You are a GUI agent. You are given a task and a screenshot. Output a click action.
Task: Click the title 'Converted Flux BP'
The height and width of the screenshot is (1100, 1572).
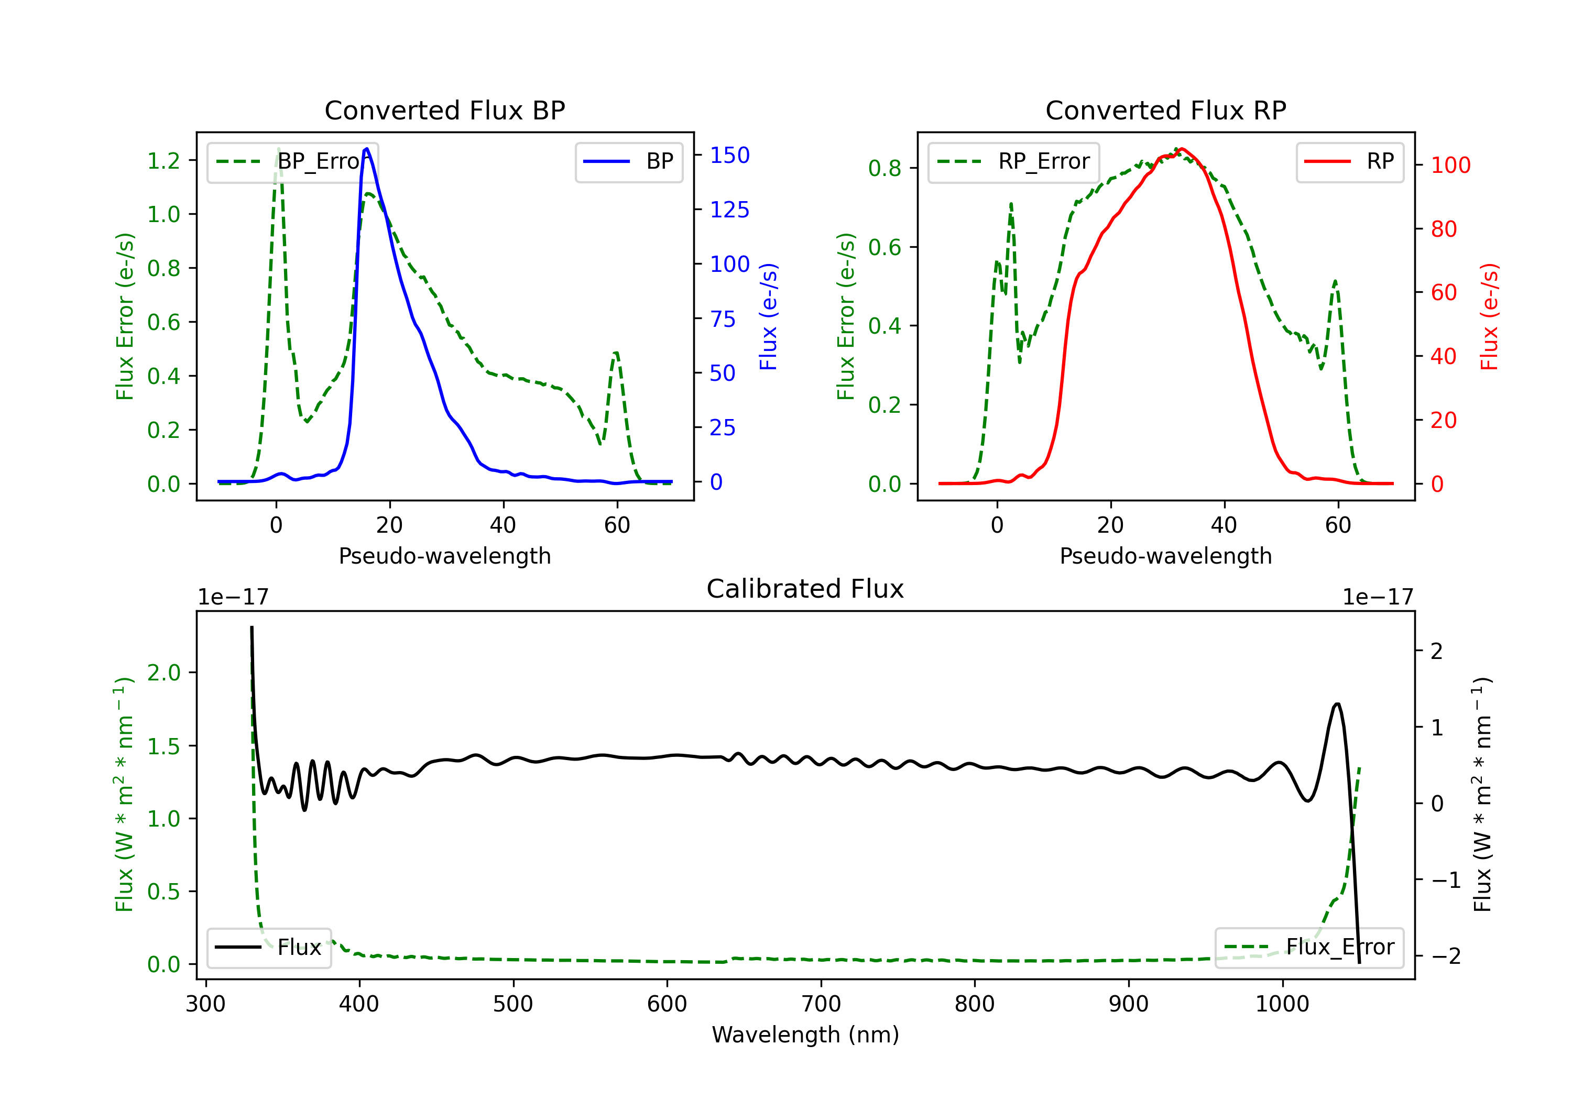445,110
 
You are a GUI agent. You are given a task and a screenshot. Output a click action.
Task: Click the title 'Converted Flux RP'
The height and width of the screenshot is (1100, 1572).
1166,110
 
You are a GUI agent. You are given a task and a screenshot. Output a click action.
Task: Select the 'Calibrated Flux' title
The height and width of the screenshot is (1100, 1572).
805,589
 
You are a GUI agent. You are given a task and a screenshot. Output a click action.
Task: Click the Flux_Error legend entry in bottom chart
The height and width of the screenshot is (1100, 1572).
1309,948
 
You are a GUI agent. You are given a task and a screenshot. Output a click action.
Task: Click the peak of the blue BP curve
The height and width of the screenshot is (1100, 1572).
367,149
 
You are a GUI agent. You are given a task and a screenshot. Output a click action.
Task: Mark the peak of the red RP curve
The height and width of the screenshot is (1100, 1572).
1182,149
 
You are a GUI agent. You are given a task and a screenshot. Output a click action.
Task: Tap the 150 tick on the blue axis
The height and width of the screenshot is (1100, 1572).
730,156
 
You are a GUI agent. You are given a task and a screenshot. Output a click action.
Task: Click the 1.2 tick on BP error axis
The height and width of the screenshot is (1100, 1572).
163,161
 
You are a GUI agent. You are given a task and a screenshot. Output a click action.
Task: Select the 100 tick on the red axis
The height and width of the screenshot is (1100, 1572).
1451,165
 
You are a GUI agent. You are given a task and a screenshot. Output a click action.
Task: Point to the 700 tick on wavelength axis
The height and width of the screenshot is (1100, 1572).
821,1004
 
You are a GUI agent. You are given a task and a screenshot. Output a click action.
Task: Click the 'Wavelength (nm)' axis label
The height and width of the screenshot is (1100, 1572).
805,1035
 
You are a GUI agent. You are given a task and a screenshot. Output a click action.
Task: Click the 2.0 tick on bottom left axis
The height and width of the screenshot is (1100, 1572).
163,673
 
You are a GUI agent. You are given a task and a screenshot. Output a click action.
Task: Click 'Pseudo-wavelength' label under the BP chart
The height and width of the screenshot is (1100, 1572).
445,556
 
